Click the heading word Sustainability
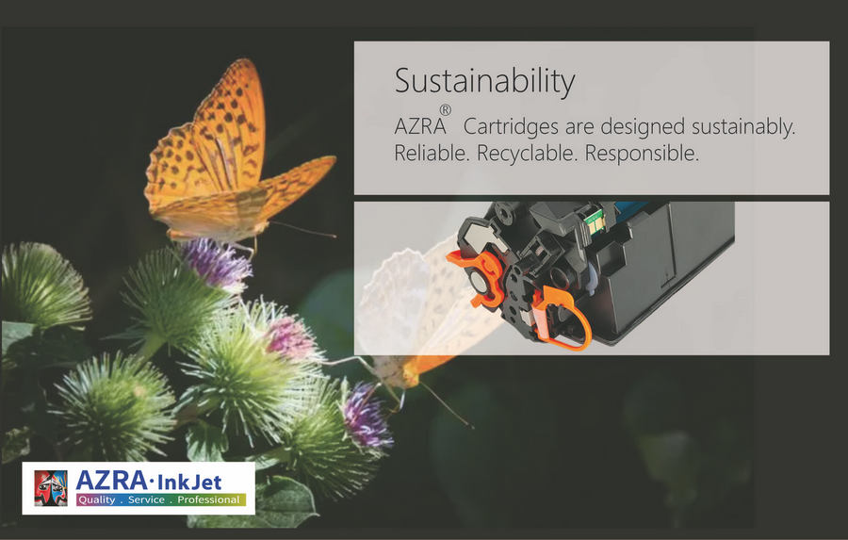[484, 82]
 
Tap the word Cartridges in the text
[511, 127]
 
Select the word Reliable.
[431, 153]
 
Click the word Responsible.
[642, 154]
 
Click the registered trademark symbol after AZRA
[445, 110]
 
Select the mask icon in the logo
[51, 488]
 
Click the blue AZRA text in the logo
[111, 480]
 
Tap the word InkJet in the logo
[188, 481]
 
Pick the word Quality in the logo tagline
[97, 500]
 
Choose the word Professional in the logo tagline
[208, 500]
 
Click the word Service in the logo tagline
[146, 500]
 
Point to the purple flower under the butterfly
[217, 264]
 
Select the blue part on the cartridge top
[630, 207]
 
